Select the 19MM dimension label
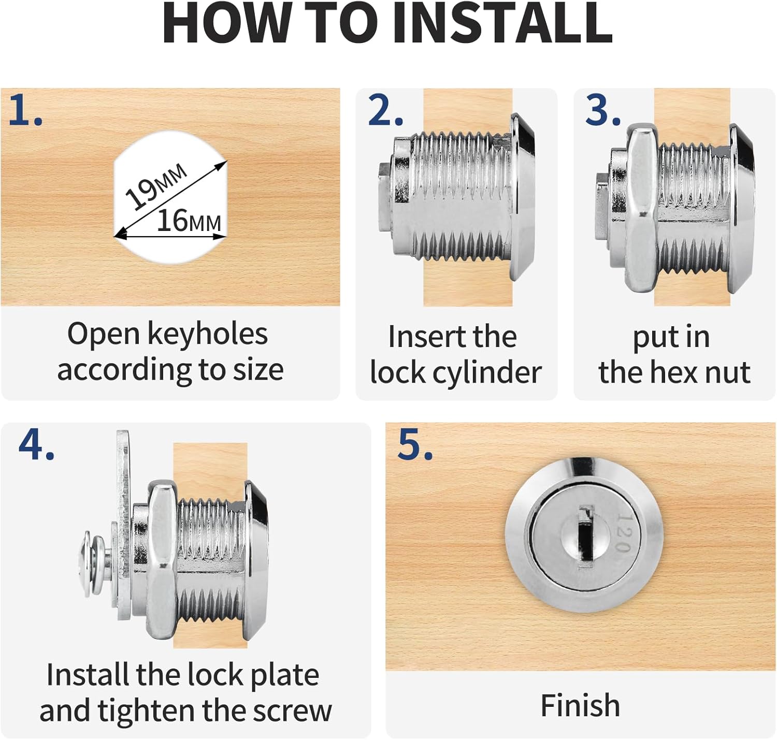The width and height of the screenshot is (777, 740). pyautogui.click(x=156, y=186)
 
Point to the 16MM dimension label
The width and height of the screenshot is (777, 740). pyautogui.click(x=189, y=221)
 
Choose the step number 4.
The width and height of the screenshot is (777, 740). pyautogui.click(x=36, y=444)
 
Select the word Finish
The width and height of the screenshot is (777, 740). pyautogui.click(x=580, y=705)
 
